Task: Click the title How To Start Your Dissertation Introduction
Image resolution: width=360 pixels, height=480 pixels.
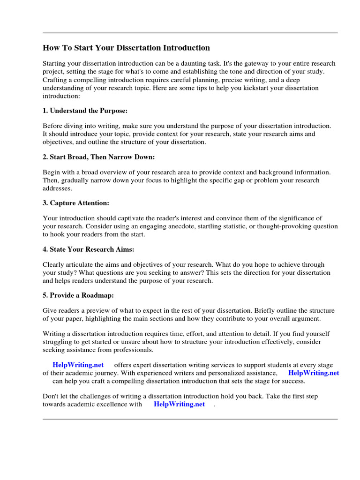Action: pyautogui.click(x=126, y=48)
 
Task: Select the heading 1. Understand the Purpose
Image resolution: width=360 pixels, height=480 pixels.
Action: pyautogui.click(x=85, y=111)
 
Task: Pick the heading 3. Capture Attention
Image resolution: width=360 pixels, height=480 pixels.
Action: pyautogui.click(x=75, y=203)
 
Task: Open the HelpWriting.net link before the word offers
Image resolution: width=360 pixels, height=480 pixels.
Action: pyautogui.click(x=78, y=365)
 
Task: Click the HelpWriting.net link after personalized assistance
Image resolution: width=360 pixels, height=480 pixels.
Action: pyautogui.click(x=313, y=373)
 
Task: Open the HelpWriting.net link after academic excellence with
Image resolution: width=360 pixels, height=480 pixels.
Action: pyautogui.click(x=179, y=404)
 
